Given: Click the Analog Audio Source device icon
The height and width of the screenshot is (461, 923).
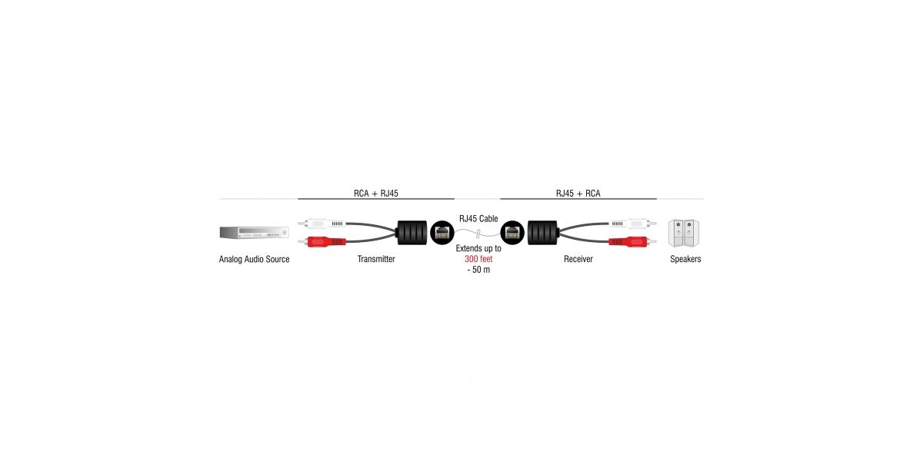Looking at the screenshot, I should [x=254, y=233].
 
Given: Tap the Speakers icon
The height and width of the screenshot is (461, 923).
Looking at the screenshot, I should [x=684, y=233].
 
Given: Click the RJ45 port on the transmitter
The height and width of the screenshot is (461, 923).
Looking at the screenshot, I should [x=442, y=231].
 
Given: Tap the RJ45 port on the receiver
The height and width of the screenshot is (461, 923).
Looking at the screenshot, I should [x=512, y=231].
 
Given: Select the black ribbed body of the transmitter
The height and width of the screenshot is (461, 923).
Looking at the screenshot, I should [x=412, y=233].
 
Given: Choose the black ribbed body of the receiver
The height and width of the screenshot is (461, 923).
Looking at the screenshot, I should [x=542, y=232].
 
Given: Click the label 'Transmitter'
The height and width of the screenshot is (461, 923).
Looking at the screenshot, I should [x=376, y=260].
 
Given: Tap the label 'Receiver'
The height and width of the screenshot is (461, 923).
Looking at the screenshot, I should [x=578, y=260].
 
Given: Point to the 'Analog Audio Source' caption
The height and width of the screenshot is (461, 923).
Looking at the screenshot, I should [x=254, y=260].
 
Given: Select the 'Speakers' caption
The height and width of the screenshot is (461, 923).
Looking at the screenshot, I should [x=685, y=260].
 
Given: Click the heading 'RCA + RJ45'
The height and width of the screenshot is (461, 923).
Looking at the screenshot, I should [x=376, y=194].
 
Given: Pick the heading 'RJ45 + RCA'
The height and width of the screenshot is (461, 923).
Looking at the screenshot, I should [x=578, y=194].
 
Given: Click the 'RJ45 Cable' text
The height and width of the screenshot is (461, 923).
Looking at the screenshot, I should [x=478, y=219].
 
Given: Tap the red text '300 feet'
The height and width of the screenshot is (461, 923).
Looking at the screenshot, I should [x=478, y=260].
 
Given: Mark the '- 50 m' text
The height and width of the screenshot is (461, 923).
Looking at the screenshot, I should [x=478, y=270].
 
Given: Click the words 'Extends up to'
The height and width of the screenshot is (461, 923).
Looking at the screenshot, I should [x=478, y=249].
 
